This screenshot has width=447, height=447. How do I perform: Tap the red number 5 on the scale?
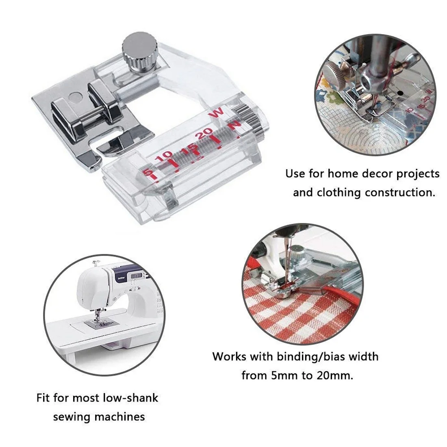[x=147, y=172]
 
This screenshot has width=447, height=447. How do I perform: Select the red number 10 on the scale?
[x=164, y=156]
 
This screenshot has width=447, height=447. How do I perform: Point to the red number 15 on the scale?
[x=189, y=147]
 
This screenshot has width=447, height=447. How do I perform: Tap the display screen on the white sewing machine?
[x=136, y=276]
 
